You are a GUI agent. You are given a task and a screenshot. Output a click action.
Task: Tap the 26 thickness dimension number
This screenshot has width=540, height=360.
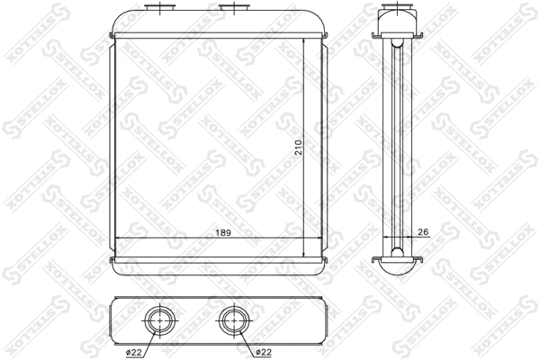tap(423, 232)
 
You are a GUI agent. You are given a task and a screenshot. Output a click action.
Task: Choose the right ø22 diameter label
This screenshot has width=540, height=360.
tap(264, 352)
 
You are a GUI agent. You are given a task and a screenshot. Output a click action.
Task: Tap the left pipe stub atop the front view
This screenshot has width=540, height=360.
tap(162, 9)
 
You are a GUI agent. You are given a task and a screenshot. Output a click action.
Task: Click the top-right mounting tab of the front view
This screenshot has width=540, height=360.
tap(322, 36)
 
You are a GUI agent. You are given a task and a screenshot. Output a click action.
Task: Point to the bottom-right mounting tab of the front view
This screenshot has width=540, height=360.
tap(322, 260)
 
